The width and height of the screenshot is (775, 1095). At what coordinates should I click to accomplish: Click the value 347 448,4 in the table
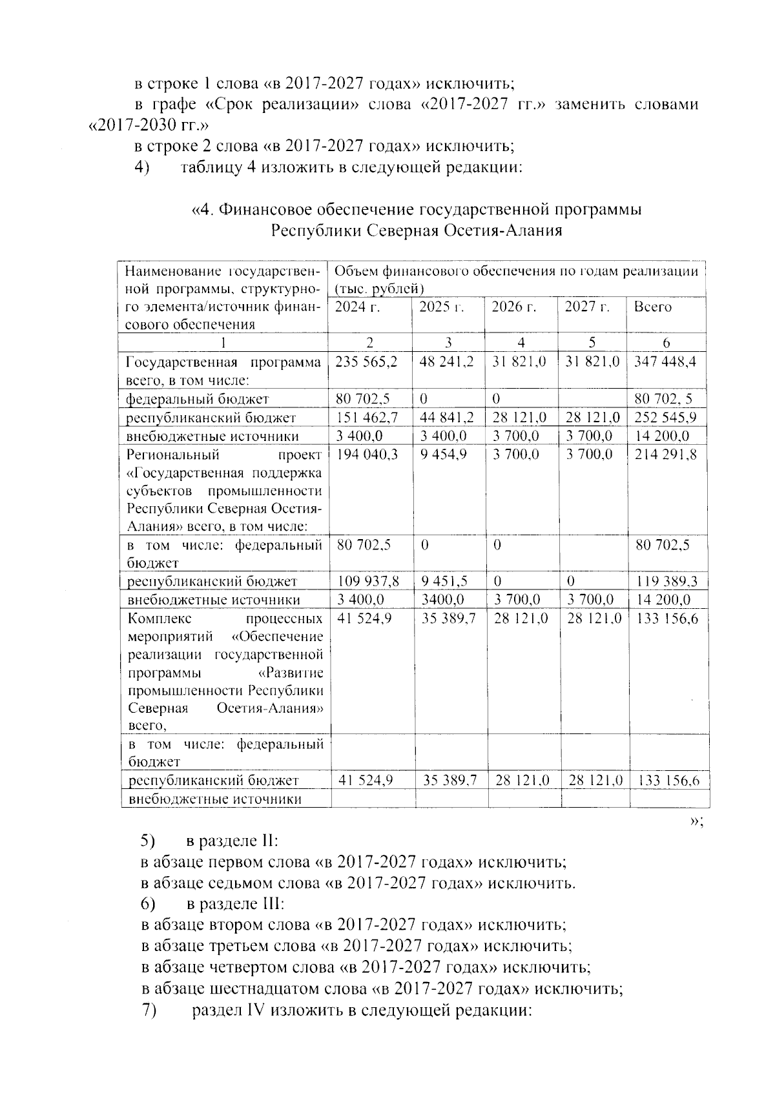tap(666, 362)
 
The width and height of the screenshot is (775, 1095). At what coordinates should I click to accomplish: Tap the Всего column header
tap(652, 307)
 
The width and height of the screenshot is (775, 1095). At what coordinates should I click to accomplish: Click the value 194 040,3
tap(366, 455)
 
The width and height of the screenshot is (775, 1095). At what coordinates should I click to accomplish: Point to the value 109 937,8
tap(367, 581)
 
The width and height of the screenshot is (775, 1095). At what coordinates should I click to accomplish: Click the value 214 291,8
tap(666, 455)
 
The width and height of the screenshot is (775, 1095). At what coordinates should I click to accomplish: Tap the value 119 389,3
tap(667, 581)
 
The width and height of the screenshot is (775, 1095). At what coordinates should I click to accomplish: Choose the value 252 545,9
tap(666, 418)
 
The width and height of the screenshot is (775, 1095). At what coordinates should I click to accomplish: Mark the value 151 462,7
tap(366, 418)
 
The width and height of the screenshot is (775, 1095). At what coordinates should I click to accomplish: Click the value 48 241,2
tap(446, 362)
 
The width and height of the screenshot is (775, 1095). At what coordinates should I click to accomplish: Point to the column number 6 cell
tap(666, 343)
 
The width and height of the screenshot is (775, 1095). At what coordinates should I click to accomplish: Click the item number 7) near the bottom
tap(149, 1010)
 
